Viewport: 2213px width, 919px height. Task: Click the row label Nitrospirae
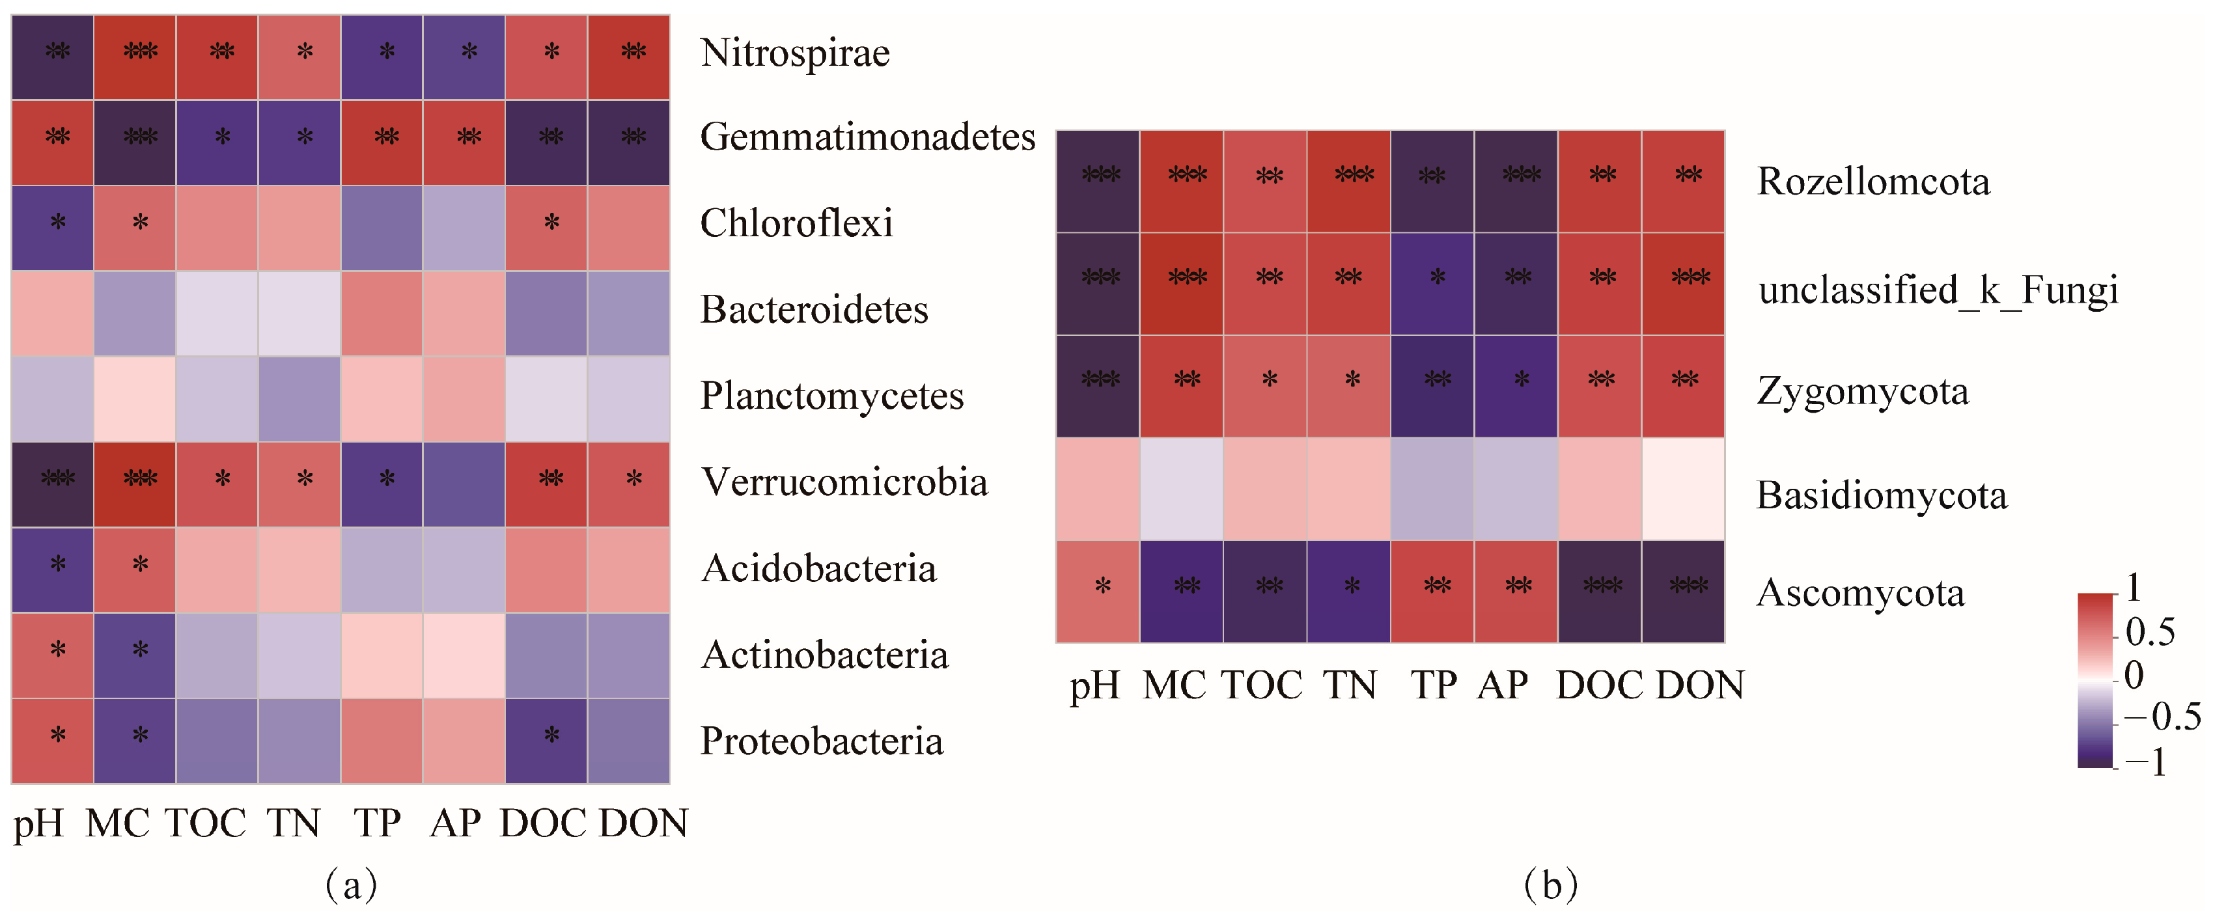(x=795, y=53)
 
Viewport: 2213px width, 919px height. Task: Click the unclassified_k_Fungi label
(x=1937, y=290)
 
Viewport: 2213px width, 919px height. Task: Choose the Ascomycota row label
(x=1860, y=594)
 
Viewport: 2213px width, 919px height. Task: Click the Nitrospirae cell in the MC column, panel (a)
(x=135, y=57)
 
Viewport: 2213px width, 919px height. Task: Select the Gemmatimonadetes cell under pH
(x=52, y=143)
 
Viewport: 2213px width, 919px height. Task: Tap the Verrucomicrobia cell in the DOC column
(x=546, y=484)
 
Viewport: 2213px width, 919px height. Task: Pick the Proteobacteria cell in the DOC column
(x=546, y=741)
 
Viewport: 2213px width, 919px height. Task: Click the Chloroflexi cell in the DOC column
(x=546, y=228)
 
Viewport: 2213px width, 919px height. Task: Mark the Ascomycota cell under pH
(x=1097, y=591)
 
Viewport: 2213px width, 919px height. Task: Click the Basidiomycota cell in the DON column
(x=1683, y=489)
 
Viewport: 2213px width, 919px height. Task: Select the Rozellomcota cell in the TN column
(x=1349, y=181)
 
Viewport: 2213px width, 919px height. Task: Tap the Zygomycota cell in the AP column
(x=1516, y=386)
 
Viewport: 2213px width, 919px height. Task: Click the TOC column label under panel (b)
(x=1261, y=685)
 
